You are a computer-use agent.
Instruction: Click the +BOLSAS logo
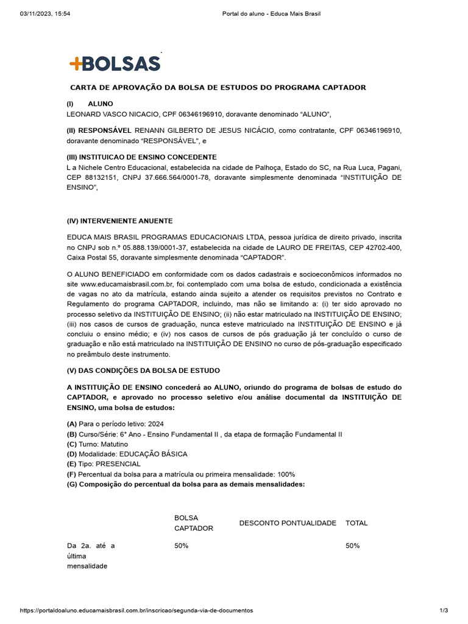pos(115,63)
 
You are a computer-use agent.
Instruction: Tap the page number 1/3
pos(444,610)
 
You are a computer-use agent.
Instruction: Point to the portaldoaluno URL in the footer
pos(136,610)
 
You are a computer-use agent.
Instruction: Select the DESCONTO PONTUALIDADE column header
pos(288,523)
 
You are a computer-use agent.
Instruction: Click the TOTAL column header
pos(356,523)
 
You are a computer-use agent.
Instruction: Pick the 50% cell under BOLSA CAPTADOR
pos(181,546)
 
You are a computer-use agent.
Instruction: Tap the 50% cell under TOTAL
pos(352,546)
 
